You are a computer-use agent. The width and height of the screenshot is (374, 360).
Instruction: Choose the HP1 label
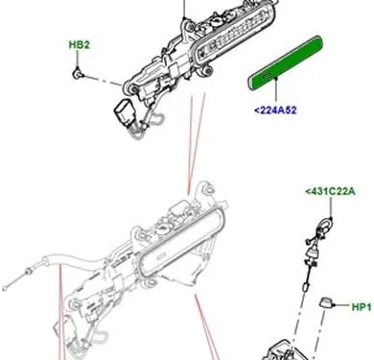coord(361,307)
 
